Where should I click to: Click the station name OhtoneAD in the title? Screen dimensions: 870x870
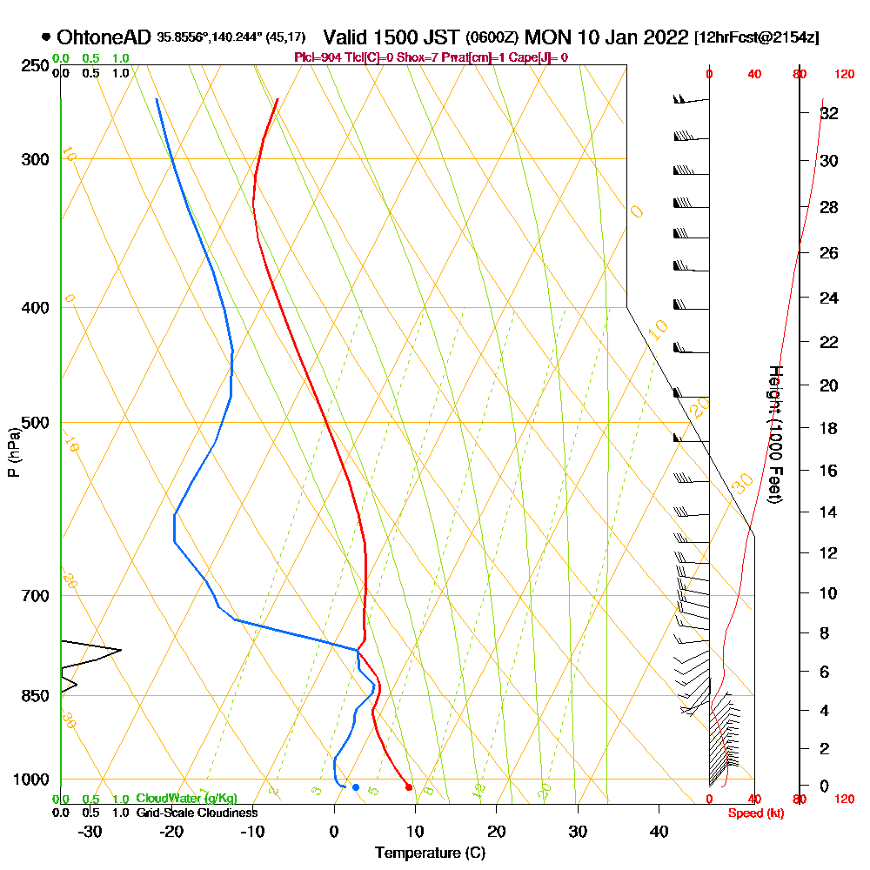click(104, 37)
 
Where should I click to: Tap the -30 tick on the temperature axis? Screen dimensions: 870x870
click(90, 831)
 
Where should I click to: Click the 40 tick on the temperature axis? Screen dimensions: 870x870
click(659, 831)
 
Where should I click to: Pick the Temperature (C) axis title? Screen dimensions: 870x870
click(430, 853)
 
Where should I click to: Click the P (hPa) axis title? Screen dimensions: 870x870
click(13, 452)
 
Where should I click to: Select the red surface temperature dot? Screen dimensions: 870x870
click(409, 787)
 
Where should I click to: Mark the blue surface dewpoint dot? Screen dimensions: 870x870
click(355, 787)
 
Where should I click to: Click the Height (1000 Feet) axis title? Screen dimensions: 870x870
click(773, 433)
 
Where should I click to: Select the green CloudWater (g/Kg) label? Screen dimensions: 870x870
click(186, 799)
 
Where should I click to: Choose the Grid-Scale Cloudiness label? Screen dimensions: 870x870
click(197, 813)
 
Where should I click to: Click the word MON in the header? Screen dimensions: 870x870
click(546, 37)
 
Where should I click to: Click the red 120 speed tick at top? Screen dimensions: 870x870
click(844, 75)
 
